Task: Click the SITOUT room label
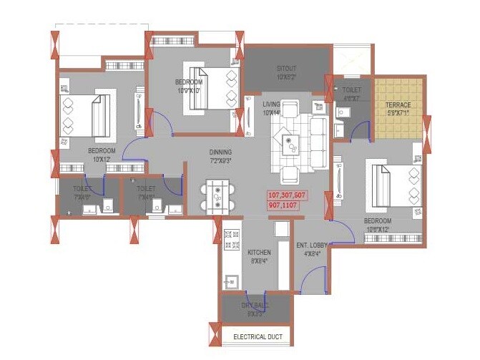coord(286,69)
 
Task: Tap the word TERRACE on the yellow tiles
coord(398,105)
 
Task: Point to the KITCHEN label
coord(259,253)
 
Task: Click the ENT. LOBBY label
coord(313,245)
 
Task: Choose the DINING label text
coord(220,152)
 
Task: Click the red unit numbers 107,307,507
coord(287,195)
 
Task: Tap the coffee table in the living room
coord(290,144)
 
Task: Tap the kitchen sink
coord(230,281)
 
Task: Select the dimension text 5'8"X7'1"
coord(398,113)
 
